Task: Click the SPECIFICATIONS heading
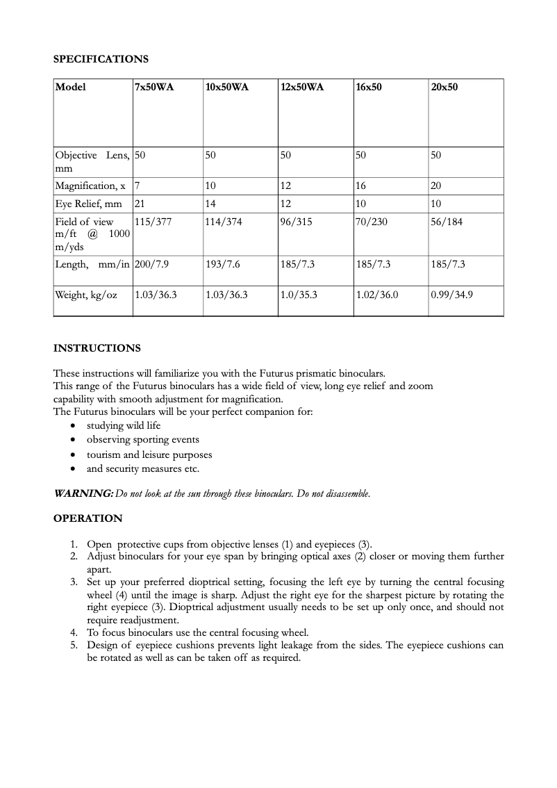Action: pyautogui.click(x=101, y=59)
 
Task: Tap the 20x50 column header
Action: pyautogui.click(x=444, y=88)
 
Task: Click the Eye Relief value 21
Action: pyautogui.click(x=140, y=204)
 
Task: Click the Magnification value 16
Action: pyautogui.click(x=361, y=186)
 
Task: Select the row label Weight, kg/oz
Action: pyautogui.click(x=86, y=295)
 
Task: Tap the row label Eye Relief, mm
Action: pyautogui.click(x=88, y=204)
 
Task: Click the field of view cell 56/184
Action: pyautogui.click(x=447, y=222)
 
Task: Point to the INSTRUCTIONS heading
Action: pyautogui.click(x=97, y=348)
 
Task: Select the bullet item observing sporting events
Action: pyautogui.click(x=142, y=439)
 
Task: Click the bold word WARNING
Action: pyautogui.click(x=83, y=493)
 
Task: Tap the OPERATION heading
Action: pyautogui.click(x=88, y=518)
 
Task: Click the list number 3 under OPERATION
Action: pyautogui.click(x=74, y=582)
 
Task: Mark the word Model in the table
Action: pyautogui.click(x=70, y=88)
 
